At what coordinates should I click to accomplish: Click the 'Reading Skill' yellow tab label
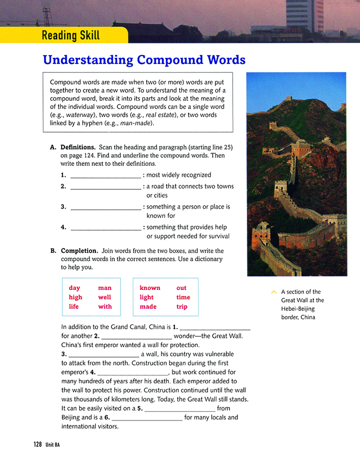click(71, 36)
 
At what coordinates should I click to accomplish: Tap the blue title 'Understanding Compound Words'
click(144, 60)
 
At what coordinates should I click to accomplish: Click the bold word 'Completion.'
click(79, 251)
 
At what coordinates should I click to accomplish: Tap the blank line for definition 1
click(105, 176)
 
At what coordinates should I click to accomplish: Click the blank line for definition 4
click(105, 228)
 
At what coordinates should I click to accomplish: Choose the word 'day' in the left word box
click(74, 288)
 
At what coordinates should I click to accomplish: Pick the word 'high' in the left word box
click(75, 297)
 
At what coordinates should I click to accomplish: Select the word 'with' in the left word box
click(105, 307)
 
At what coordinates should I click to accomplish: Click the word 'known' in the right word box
click(150, 288)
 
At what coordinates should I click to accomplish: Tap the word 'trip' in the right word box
click(182, 307)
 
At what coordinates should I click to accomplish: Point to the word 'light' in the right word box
click(147, 297)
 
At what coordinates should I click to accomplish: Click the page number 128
click(37, 444)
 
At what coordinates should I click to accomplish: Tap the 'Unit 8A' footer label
click(52, 445)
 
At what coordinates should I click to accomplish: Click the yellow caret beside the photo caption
click(273, 292)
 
